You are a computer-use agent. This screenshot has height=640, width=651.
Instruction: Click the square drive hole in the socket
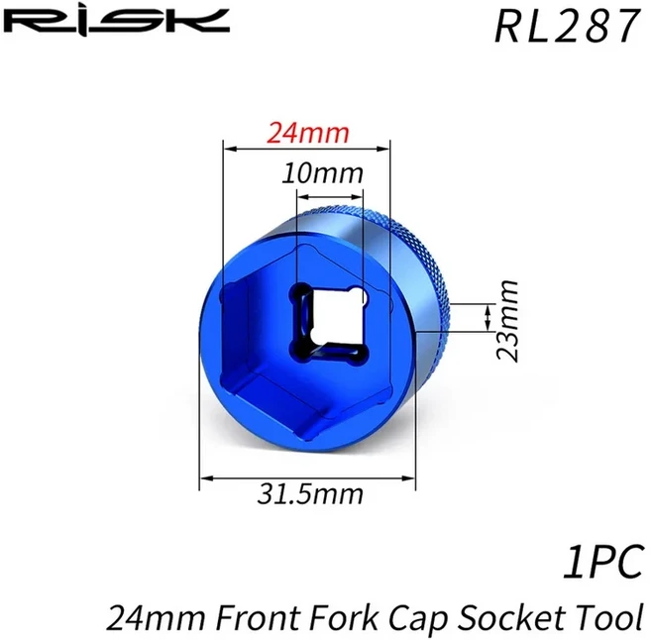pyautogui.click(x=327, y=323)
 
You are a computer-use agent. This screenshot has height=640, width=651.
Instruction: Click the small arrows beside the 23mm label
pyautogui.click(x=487, y=318)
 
